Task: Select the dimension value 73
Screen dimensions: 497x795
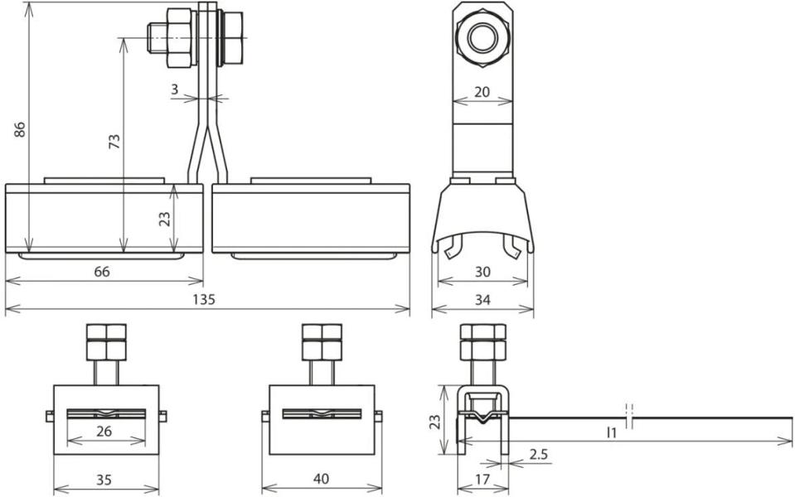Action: (114, 142)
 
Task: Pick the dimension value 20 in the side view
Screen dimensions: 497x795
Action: (482, 93)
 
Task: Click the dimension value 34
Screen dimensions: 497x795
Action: (482, 300)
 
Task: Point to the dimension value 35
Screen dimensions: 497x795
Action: (105, 479)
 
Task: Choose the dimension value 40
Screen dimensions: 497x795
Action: (321, 479)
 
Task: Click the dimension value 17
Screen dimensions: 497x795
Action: (482, 479)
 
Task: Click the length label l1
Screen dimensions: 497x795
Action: (613, 432)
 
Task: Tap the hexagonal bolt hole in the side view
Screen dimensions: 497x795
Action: (482, 38)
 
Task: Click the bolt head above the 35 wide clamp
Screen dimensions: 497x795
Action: (105, 341)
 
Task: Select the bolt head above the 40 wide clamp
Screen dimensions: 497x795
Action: (321, 341)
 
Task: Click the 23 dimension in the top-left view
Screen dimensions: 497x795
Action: (164, 219)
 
